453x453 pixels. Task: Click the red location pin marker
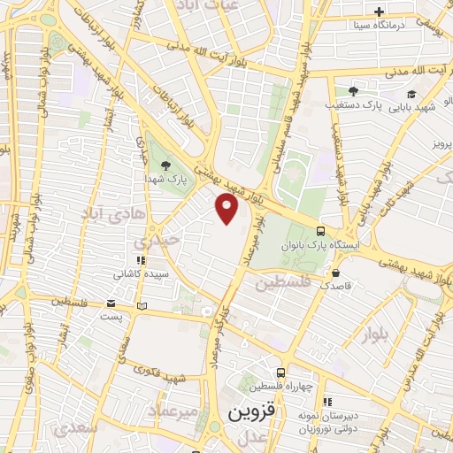[227, 210]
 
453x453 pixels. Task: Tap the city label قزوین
[252, 412]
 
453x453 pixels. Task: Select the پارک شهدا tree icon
[165, 165]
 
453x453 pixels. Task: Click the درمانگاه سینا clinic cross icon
[379, 12]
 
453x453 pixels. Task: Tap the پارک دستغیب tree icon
[353, 91]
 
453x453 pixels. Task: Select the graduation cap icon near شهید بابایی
[411, 93]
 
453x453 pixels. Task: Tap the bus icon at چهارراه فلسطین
[280, 372]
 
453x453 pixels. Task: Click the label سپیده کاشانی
[141, 275]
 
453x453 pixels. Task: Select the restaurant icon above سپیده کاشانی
[140, 261]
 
